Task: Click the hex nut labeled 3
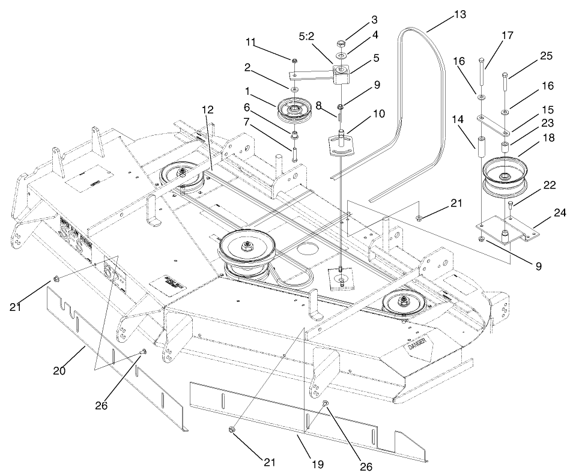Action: [x=341, y=44]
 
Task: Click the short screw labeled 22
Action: [x=510, y=210]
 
